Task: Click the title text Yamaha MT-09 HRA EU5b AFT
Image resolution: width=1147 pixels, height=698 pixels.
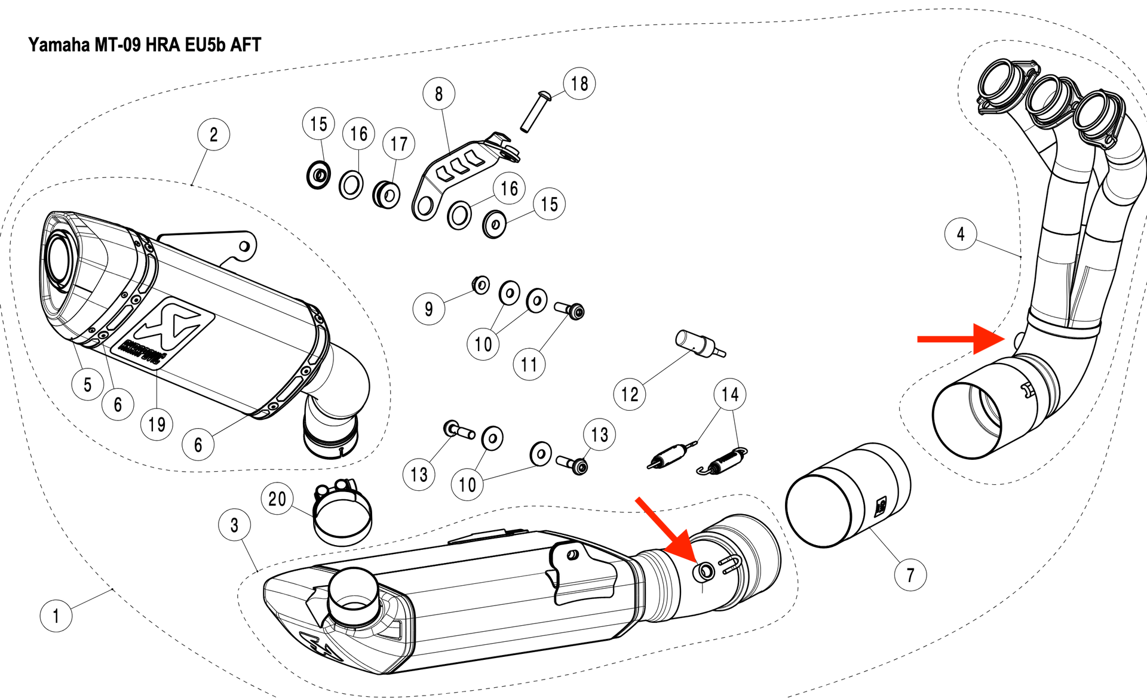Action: [x=145, y=45]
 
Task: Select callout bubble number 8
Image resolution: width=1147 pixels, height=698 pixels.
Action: [x=439, y=94]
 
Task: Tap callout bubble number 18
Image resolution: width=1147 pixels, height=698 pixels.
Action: [x=579, y=84]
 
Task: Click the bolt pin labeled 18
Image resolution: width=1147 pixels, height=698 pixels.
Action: [x=535, y=112]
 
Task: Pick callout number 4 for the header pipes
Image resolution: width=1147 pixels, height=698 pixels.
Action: [x=961, y=234]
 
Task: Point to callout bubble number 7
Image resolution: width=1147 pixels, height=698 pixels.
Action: [x=910, y=575]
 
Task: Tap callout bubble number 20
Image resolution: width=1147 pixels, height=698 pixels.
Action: [x=277, y=499]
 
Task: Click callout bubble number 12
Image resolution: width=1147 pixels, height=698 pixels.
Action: [x=630, y=394]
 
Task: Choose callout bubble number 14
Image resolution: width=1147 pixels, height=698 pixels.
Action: [x=730, y=394]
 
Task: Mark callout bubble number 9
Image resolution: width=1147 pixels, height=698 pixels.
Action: [x=429, y=309]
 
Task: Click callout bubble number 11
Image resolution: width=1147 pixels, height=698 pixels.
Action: [x=529, y=364]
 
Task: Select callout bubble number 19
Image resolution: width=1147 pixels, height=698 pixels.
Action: [x=157, y=425]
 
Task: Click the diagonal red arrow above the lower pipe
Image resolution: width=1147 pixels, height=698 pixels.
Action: [x=666, y=531]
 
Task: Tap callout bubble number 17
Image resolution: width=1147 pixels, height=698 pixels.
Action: [x=399, y=144]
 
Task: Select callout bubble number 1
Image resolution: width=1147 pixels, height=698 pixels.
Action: [x=56, y=616]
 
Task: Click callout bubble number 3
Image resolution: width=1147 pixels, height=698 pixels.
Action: [x=235, y=525]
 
